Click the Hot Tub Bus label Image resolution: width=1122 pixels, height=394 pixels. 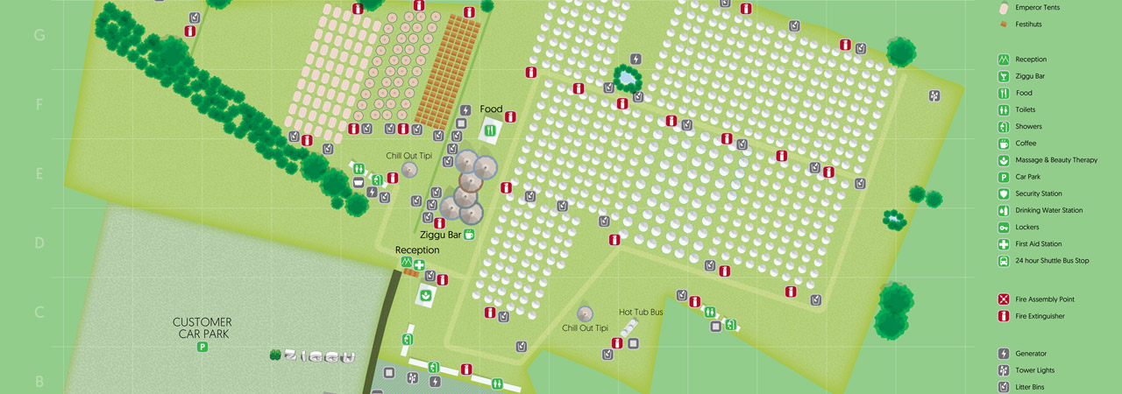[x=640, y=312]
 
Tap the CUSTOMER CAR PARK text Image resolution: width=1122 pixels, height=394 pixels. [x=202, y=327]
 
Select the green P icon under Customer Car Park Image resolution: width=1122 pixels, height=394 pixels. [x=202, y=348]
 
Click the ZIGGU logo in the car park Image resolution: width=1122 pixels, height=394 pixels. [x=313, y=356]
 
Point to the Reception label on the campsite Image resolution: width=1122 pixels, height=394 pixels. [x=416, y=250]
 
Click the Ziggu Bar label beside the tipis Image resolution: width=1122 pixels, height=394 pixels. [x=440, y=235]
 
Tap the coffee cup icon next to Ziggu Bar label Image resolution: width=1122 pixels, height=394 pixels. [x=470, y=235]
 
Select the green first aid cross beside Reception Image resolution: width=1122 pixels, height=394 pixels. [x=420, y=264]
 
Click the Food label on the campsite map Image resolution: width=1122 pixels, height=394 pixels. [x=491, y=109]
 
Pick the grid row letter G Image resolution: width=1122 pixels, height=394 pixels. [x=39, y=36]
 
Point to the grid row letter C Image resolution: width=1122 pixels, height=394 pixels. [x=39, y=313]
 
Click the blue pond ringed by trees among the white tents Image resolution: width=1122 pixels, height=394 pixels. [x=627, y=79]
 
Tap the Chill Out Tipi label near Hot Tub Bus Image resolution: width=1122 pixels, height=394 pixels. [x=585, y=328]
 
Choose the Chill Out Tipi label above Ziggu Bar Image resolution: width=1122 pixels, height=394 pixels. [x=409, y=156]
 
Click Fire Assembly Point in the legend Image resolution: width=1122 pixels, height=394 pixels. [x=1044, y=299]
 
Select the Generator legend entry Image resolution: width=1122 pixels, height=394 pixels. [x=1031, y=354]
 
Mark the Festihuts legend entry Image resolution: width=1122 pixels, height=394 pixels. [x=1028, y=25]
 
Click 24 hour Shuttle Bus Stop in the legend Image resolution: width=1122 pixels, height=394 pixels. [x=1052, y=261]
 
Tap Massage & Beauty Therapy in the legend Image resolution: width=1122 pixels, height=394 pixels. [x=1055, y=160]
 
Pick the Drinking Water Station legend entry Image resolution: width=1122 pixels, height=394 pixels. [x=1048, y=210]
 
